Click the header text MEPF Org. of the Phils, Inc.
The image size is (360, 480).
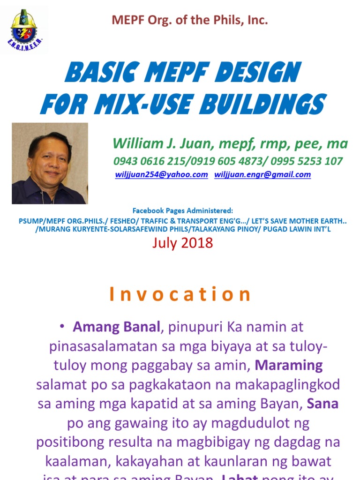[189, 20]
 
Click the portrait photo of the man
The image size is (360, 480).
[50, 164]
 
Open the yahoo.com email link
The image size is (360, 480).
[162, 174]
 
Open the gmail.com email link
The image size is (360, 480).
[262, 174]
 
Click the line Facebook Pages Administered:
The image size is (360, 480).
[182, 210]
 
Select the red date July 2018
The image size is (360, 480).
[182, 243]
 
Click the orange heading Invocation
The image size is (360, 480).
[180, 294]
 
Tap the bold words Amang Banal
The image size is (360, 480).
[116, 327]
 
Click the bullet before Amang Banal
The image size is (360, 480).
[62, 327]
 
